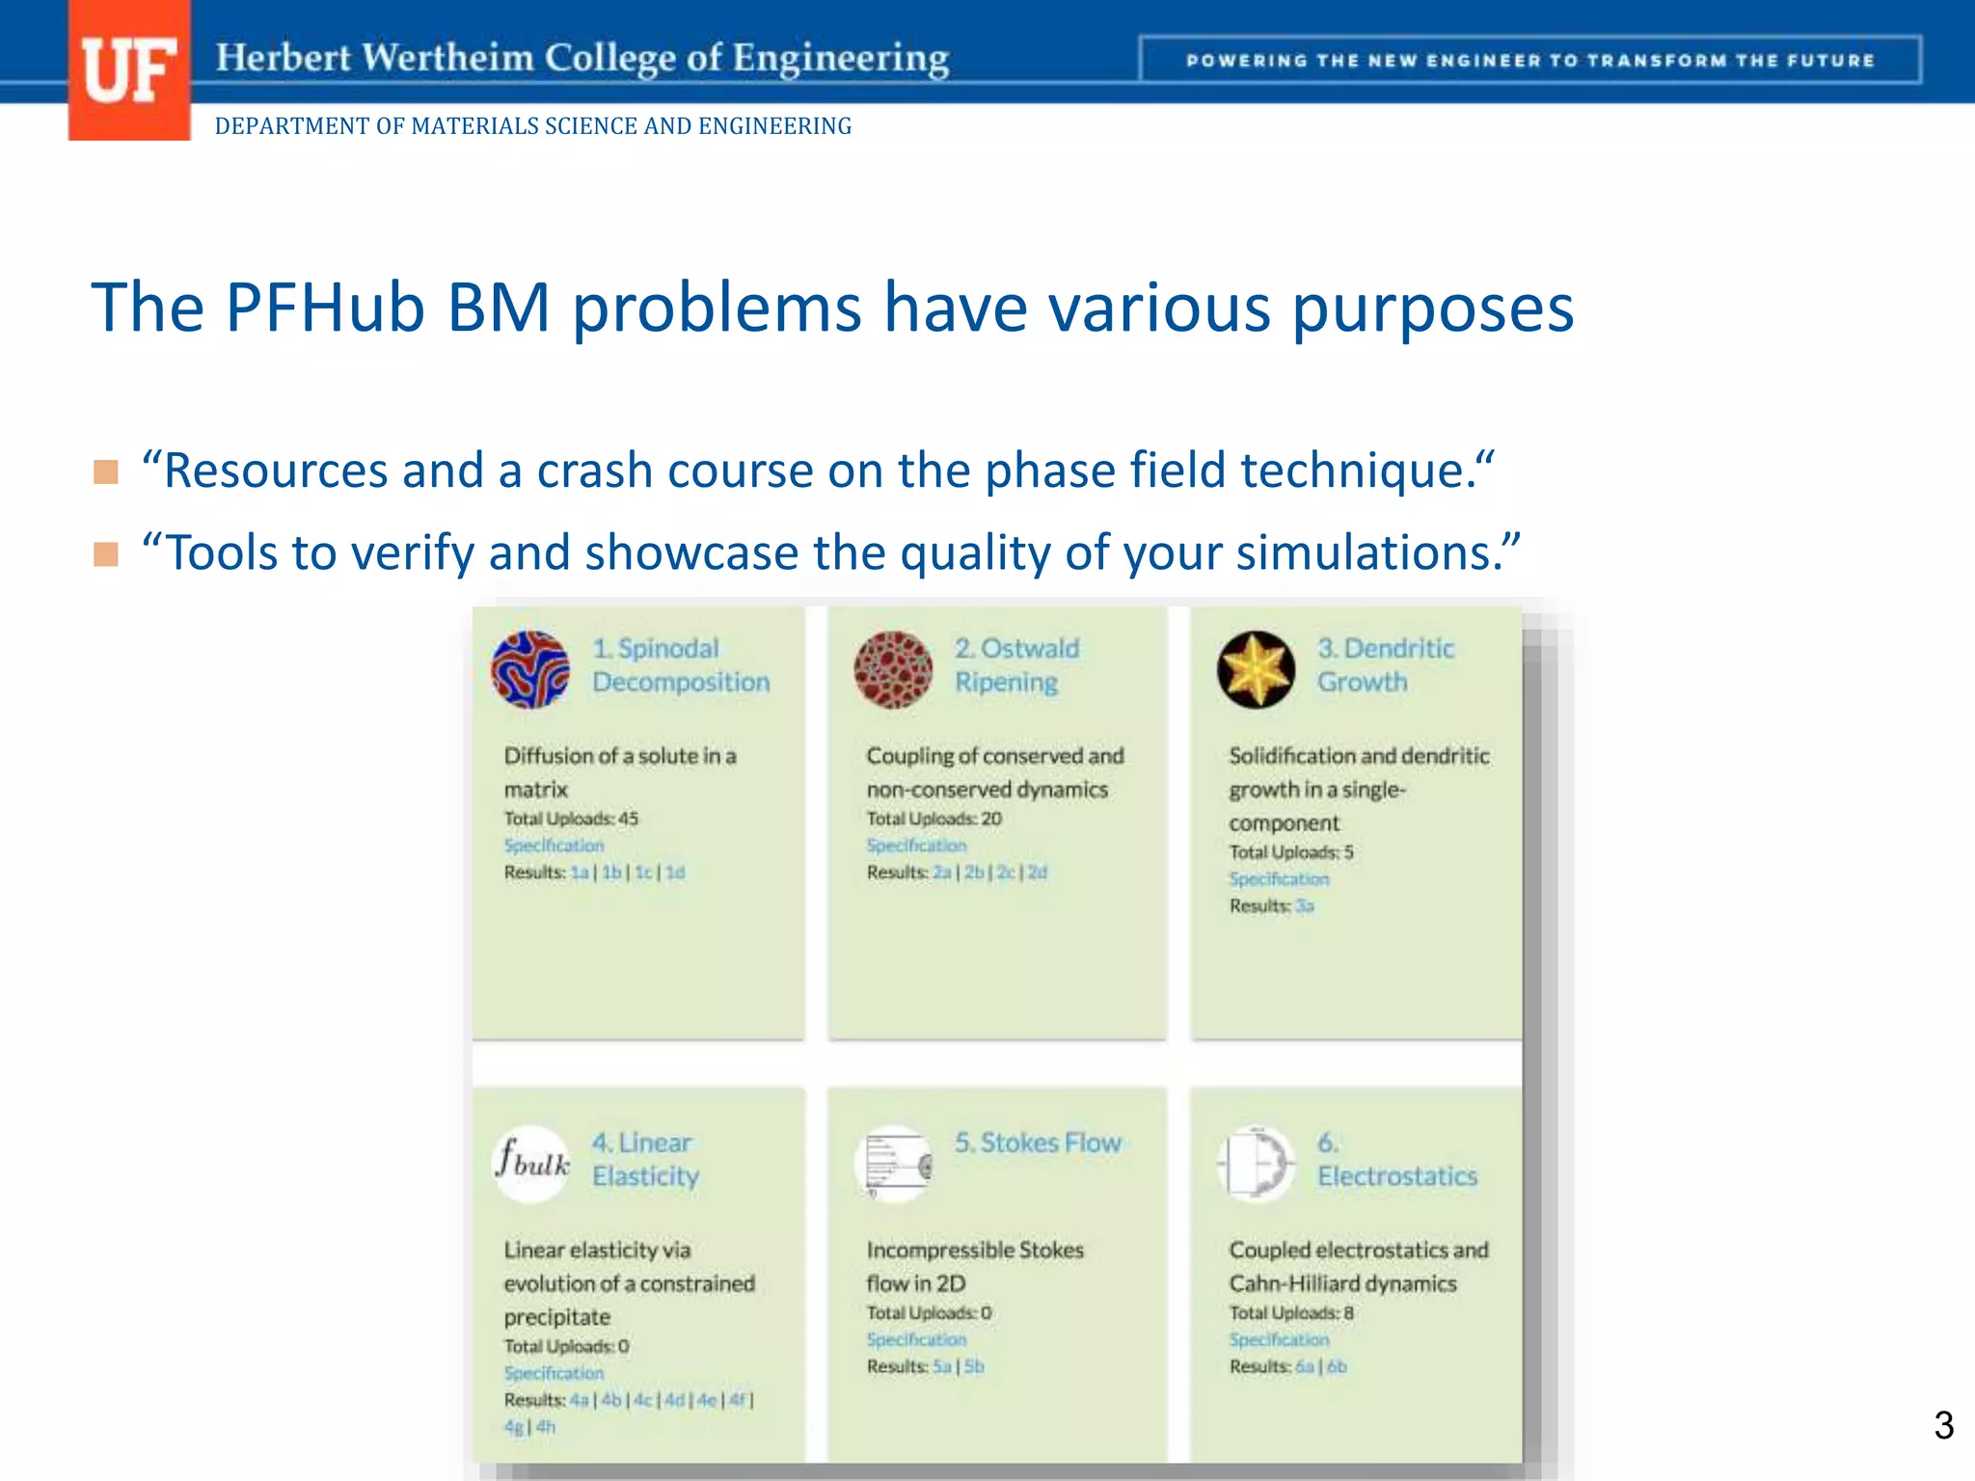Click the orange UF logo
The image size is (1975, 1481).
pyautogui.click(x=128, y=70)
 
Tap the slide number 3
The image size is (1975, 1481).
pyautogui.click(x=1943, y=1425)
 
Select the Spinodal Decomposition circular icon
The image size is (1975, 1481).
pyautogui.click(x=530, y=669)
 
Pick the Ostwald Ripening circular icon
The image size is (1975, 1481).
pyautogui.click(x=893, y=669)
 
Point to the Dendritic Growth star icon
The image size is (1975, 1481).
pyautogui.click(x=1256, y=669)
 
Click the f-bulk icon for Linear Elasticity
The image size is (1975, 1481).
pyautogui.click(x=531, y=1163)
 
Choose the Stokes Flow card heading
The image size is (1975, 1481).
pyautogui.click(x=1038, y=1143)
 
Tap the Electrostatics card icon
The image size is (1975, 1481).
pyautogui.click(x=1256, y=1164)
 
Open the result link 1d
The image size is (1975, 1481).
pyautogui.click(x=675, y=873)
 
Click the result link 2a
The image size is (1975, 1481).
pyautogui.click(x=941, y=873)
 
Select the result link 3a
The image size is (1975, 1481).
pyautogui.click(x=1304, y=906)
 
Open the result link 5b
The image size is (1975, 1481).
pyautogui.click(x=974, y=1366)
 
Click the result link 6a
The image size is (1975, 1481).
pyautogui.click(x=1305, y=1366)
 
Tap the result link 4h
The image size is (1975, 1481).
pyautogui.click(x=546, y=1427)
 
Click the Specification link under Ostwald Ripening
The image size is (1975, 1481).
pyautogui.click(x=916, y=846)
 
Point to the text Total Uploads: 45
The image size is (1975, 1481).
pyautogui.click(x=571, y=819)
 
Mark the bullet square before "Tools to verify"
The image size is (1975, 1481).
pyautogui.click(x=106, y=554)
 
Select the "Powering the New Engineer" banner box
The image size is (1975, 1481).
pyautogui.click(x=1529, y=60)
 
